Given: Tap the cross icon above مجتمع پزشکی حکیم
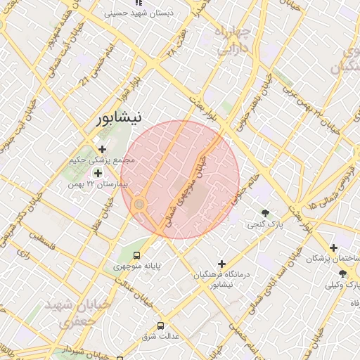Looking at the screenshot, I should pyautogui.click(x=103, y=149).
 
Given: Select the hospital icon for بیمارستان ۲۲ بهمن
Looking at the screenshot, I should pyautogui.click(x=98, y=173).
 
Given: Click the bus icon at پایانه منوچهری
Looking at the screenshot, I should pyautogui.click(x=137, y=255).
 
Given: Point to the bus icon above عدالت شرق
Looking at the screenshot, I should pyautogui.click(x=161, y=326).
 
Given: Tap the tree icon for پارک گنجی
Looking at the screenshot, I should pyautogui.click(x=265, y=213).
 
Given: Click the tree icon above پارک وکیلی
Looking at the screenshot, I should pyautogui.click(x=342, y=274).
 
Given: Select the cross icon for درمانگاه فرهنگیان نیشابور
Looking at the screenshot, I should pyautogui.click(x=222, y=263).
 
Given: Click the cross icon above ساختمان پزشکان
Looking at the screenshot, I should pyautogui.click(x=333, y=247).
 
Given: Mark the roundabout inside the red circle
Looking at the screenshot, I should pyautogui.click(x=140, y=204).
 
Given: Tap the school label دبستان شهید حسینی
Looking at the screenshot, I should pyautogui.click(x=148, y=13).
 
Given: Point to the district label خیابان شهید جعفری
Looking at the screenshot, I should pyautogui.click(x=69, y=313).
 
